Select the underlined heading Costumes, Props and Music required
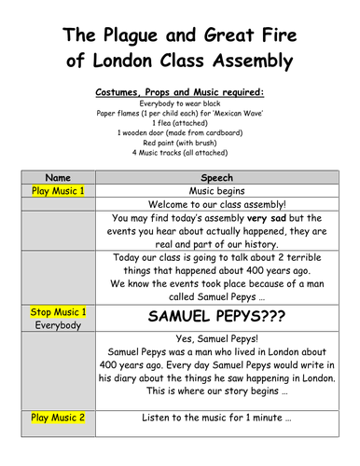[x=180, y=93]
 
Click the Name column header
[x=59, y=176]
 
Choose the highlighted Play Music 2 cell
[x=59, y=418]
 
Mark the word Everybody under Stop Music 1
[x=59, y=325]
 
